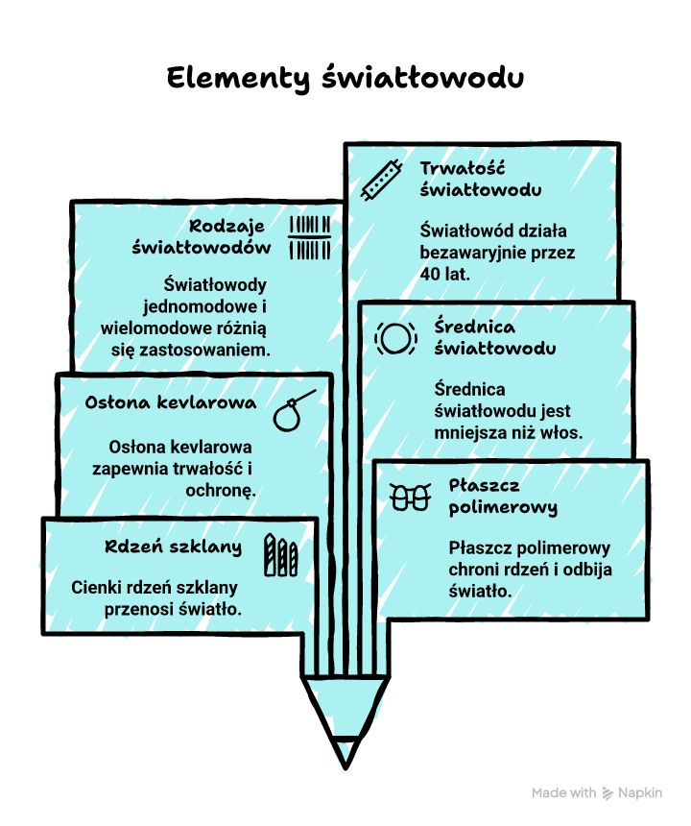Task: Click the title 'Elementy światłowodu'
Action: [345, 78]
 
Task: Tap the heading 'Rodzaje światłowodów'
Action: [202, 237]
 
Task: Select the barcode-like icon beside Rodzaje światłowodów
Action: [310, 238]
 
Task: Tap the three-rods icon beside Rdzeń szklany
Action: [281, 554]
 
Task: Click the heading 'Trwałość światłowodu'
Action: [480, 179]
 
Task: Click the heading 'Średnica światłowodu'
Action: [494, 337]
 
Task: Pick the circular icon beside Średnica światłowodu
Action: [394, 338]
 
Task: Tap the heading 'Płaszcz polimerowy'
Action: [502, 496]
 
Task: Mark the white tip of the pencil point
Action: [344, 751]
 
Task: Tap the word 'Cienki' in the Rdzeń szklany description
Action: [98, 588]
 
